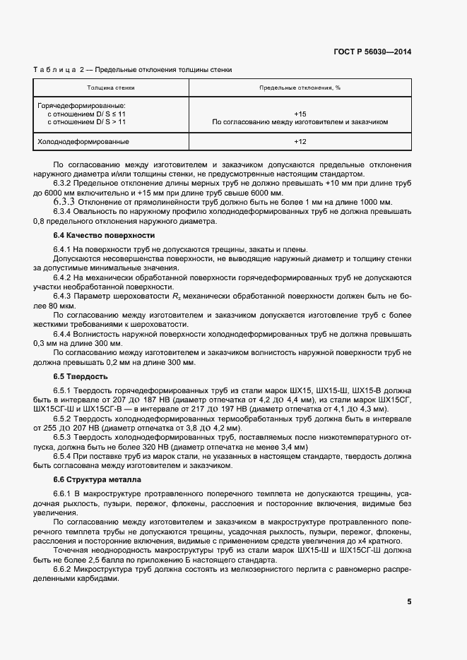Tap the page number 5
tap(409, 601)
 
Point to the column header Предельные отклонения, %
tap(300, 88)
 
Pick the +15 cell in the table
tap(300, 113)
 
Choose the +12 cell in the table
tap(300, 142)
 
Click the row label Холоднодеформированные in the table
tap(78, 142)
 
